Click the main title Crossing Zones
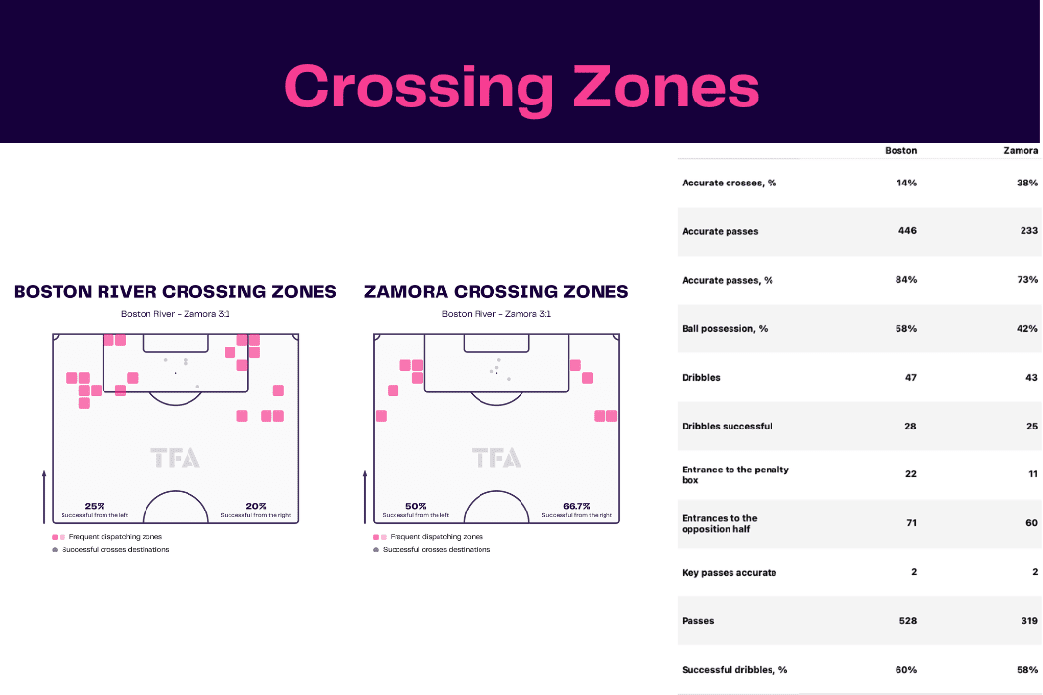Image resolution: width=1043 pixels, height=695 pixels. (521, 88)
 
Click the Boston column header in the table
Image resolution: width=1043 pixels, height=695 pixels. (900, 151)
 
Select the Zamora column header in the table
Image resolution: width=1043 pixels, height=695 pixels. (1021, 151)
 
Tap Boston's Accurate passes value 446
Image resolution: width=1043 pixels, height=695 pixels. (907, 230)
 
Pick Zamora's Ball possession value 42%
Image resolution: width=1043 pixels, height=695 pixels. (1027, 329)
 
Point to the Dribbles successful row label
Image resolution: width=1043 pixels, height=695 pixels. (727, 426)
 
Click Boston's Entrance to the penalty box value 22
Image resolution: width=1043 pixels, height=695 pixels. (910, 474)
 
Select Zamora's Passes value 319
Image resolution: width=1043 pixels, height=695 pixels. (1029, 621)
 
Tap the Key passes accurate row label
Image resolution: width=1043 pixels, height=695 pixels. (730, 572)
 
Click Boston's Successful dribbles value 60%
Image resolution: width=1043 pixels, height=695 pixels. (906, 669)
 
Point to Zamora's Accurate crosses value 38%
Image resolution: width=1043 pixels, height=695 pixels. (1027, 183)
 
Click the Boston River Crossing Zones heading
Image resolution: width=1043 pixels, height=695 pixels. (175, 291)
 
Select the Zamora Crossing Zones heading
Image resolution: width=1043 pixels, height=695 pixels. (496, 291)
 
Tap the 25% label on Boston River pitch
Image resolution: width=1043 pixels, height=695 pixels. (95, 506)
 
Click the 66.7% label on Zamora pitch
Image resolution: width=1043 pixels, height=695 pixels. (577, 506)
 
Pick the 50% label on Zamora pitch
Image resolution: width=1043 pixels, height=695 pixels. (416, 506)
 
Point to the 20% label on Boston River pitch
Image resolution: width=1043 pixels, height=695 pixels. (256, 506)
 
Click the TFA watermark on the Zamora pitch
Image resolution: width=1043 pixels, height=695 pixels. (496, 458)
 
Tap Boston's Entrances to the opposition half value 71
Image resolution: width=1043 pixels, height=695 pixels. (911, 523)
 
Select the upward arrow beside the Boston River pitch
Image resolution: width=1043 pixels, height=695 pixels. (44, 497)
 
